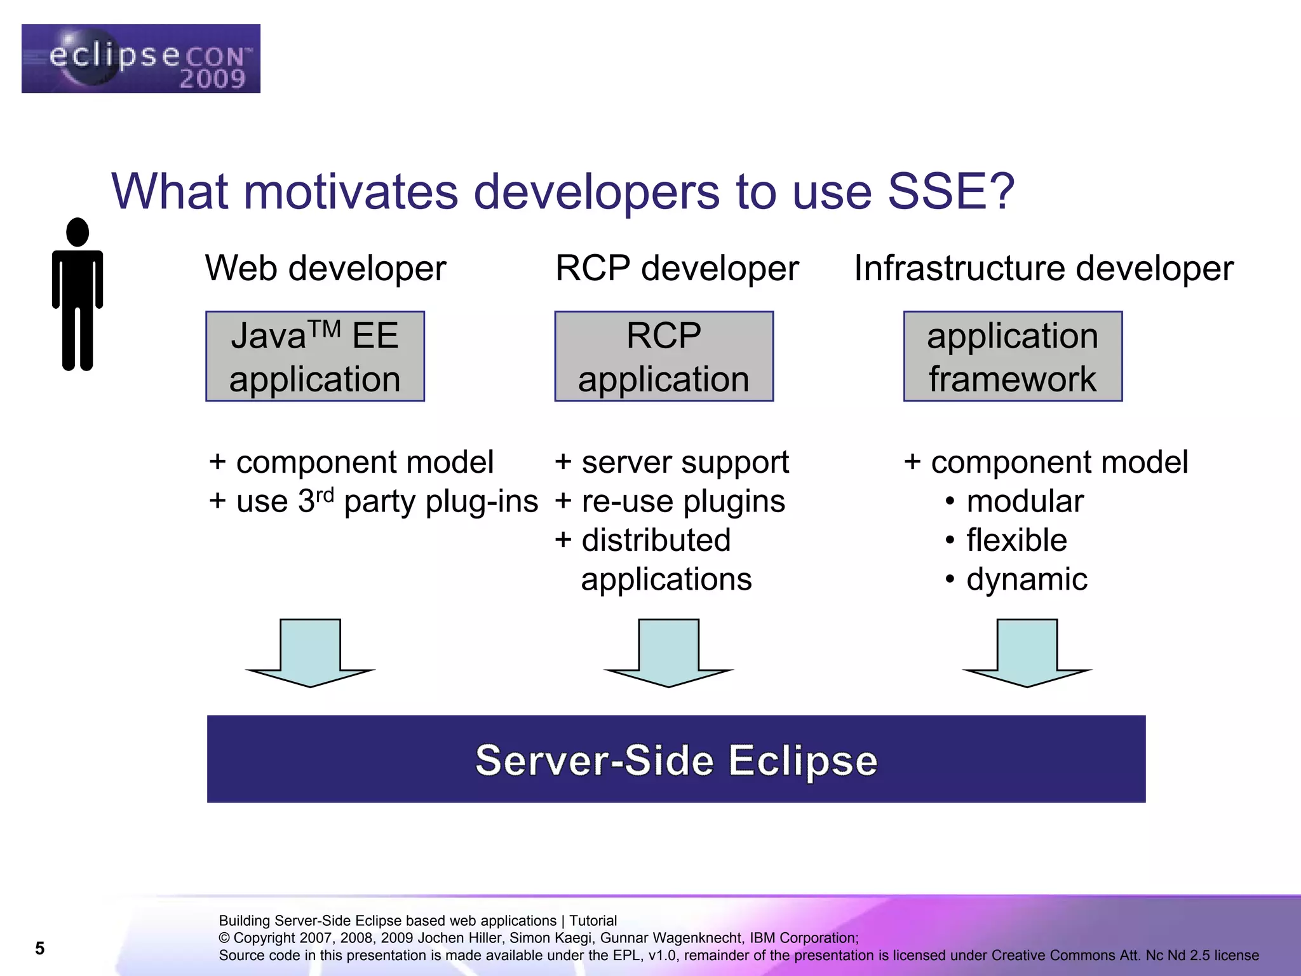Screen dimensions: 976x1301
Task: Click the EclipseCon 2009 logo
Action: click(x=140, y=58)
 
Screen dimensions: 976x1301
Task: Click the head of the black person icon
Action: click(x=78, y=232)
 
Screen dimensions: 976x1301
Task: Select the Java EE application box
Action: click(x=314, y=356)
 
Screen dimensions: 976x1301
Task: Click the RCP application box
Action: click(x=664, y=356)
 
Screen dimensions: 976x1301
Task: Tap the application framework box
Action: click(x=1013, y=356)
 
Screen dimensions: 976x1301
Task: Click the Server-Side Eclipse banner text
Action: click(x=676, y=760)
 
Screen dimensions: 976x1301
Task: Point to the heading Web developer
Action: click(x=325, y=268)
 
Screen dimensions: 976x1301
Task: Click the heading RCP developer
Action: click(x=677, y=268)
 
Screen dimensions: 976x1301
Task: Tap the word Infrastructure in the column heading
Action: click(x=959, y=268)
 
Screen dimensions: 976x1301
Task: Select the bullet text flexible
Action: click(x=1016, y=540)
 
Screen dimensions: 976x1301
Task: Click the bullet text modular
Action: click(x=1024, y=501)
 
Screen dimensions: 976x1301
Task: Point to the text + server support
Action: click(x=671, y=463)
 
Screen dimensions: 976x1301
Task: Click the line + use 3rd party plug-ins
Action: click(x=374, y=501)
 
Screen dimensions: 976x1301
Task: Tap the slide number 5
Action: click(x=39, y=948)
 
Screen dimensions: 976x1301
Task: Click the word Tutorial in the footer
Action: click(x=593, y=921)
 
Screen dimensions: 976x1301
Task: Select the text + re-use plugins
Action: click(x=670, y=501)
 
